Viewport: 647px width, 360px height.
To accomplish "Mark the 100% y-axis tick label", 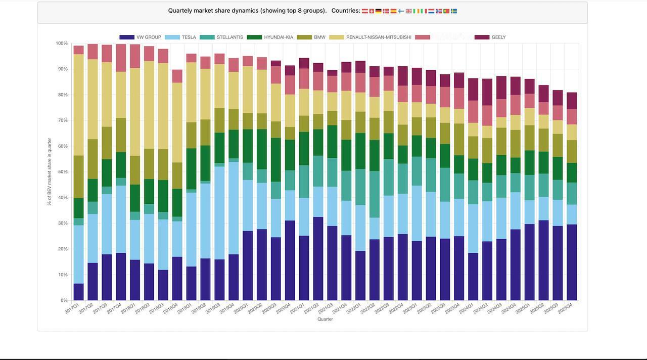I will coord(61,43).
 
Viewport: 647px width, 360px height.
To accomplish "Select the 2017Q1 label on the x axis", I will coord(72,308).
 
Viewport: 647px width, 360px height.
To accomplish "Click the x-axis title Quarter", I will coord(325,319).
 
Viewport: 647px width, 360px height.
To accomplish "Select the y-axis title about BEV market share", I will coord(50,172).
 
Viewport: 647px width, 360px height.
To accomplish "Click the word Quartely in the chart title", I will coord(180,11).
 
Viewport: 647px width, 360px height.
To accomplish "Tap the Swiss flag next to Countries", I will coord(372,11).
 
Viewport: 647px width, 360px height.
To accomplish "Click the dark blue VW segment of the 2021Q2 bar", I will coord(318,258).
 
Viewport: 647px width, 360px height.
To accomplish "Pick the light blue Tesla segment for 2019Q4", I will coord(234,208).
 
